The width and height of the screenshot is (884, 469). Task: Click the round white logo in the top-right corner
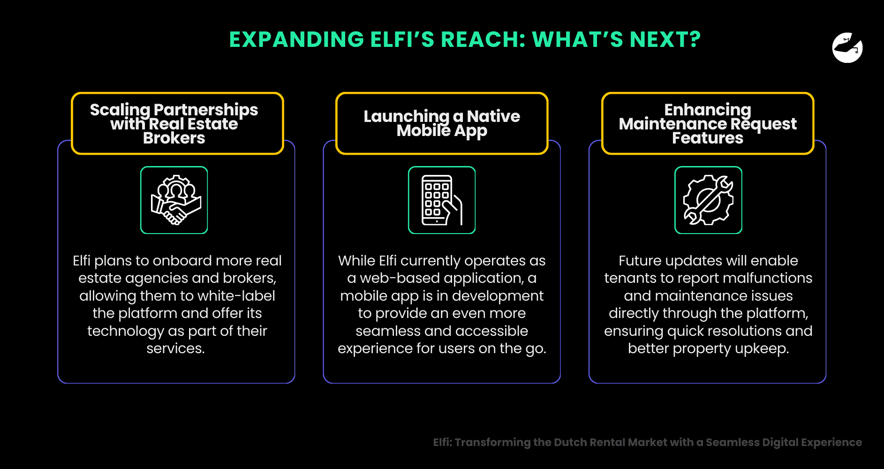(x=847, y=48)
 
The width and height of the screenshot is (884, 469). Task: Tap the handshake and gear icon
(x=174, y=200)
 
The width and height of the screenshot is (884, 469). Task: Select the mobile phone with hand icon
(x=441, y=200)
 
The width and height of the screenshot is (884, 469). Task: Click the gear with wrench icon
(x=708, y=200)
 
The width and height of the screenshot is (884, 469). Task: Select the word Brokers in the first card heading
(x=174, y=138)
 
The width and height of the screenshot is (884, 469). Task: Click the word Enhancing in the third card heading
(x=708, y=110)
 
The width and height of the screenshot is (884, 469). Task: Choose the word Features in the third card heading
(x=708, y=138)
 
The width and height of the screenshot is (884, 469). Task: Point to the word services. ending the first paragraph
(x=175, y=348)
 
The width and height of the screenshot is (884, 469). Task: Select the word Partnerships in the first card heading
(x=206, y=110)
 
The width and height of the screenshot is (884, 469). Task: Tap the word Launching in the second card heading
(x=406, y=116)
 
